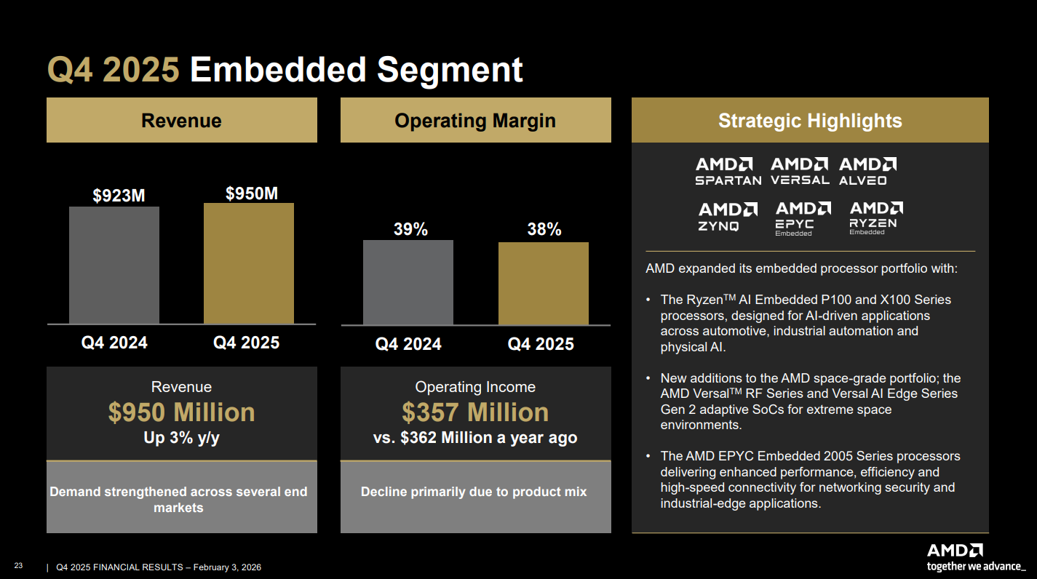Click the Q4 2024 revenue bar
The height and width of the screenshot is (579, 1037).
tap(114, 265)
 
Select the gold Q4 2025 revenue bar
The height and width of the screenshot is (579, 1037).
tap(248, 263)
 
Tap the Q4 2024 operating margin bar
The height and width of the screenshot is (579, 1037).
tap(408, 282)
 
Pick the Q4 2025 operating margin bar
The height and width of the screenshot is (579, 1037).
tap(543, 283)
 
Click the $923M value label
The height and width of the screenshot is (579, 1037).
tap(119, 196)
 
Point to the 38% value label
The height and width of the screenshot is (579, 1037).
tap(544, 230)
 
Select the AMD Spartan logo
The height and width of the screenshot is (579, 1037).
tap(728, 171)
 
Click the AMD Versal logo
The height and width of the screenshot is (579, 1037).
tap(800, 171)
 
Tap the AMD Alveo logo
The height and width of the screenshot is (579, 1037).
tap(867, 171)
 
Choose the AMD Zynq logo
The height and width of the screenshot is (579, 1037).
tap(728, 217)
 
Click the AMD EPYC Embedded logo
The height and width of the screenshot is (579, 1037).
tap(803, 218)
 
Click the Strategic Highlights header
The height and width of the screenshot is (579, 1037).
tap(810, 121)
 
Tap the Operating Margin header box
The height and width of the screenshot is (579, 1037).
tap(475, 121)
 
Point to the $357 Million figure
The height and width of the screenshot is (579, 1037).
tap(475, 412)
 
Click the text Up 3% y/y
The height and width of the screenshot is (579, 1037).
tap(181, 438)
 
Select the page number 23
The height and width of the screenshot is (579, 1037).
tap(18, 566)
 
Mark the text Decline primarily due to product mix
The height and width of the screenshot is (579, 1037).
tap(474, 492)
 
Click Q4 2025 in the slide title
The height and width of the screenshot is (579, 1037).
tap(114, 71)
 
